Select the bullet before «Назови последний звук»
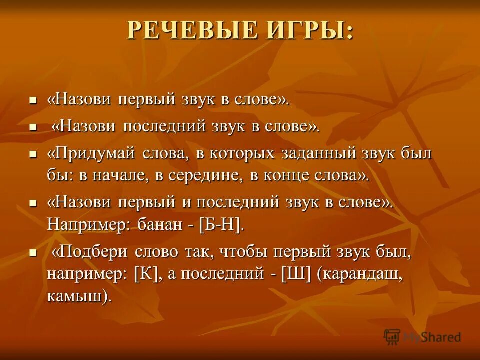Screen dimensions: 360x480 [x=33, y=128]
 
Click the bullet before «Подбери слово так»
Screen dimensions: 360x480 [x=33, y=254]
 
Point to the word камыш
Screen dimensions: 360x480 [x=75, y=296]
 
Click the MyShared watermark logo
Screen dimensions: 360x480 [x=422, y=336]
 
